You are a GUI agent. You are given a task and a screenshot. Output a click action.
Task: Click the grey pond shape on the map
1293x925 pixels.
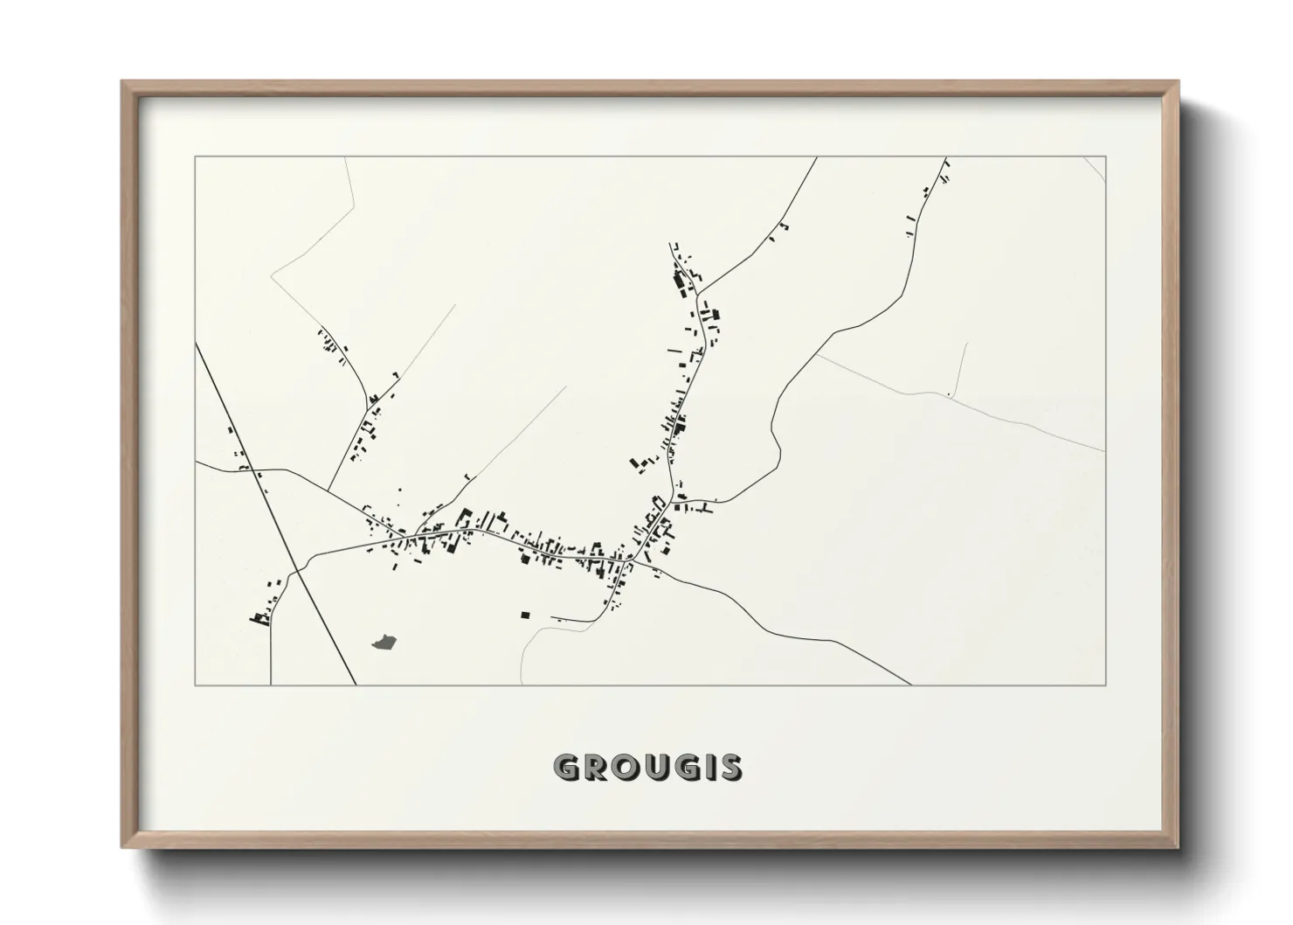[x=384, y=643]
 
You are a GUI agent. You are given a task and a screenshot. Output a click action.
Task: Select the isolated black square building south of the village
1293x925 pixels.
[x=525, y=616]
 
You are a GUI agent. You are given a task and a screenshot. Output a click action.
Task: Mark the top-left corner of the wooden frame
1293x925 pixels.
[x=123, y=82]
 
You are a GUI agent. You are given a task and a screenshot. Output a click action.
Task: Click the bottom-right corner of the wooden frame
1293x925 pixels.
[x=1178, y=847]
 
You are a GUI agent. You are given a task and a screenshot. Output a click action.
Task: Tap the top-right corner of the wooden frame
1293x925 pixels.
[x=1178, y=82]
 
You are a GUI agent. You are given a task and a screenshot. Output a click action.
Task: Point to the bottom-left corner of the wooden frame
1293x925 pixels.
[x=123, y=847]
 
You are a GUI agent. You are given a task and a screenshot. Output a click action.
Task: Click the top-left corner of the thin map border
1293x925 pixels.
[x=196, y=157]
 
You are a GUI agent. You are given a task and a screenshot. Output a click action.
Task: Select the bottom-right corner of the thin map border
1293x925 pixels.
[x=1106, y=685]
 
